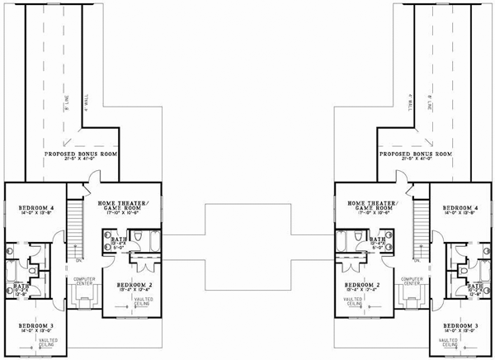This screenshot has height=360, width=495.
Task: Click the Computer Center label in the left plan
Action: [83, 281]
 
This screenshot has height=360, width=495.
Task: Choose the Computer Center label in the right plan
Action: [409, 281]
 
